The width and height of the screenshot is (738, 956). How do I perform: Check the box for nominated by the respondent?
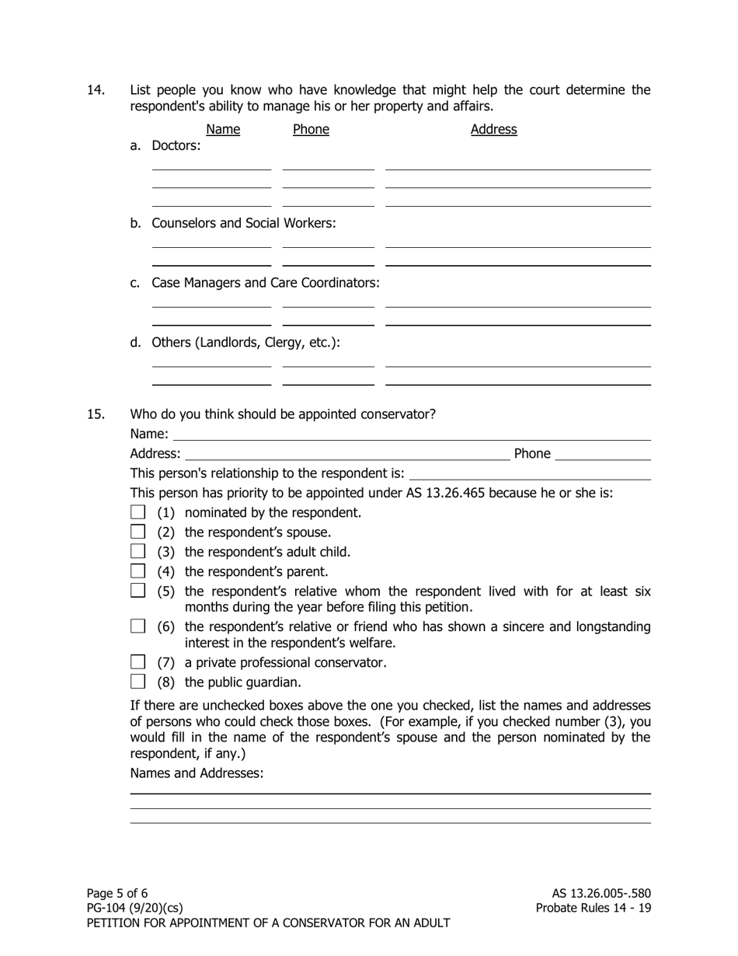click(138, 512)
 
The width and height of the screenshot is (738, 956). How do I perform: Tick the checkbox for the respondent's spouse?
click(138, 532)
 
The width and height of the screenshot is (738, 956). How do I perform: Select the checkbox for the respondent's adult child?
click(138, 552)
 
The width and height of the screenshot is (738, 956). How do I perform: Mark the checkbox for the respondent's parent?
click(138, 571)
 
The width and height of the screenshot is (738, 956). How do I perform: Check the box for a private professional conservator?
click(138, 662)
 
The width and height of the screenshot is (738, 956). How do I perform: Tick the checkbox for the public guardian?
click(138, 682)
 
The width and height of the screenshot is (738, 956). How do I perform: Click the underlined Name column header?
click(223, 129)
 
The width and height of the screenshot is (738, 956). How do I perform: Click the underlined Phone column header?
click(311, 129)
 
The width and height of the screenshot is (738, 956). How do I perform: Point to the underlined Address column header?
click(493, 129)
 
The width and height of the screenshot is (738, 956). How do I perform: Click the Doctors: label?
click(176, 145)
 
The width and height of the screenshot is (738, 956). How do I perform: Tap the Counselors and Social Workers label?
click(243, 223)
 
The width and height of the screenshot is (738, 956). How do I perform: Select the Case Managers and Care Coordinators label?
click(265, 283)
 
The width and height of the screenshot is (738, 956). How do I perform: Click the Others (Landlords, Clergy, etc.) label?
click(245, 343)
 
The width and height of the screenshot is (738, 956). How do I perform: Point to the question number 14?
click(96, 90)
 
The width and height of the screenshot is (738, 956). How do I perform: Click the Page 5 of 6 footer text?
click(117, 893)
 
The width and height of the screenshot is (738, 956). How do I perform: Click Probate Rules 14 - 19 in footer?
click(593, 908)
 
